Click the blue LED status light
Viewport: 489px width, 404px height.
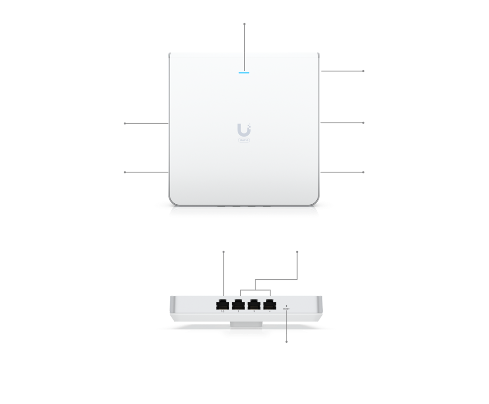(x=244, y=74)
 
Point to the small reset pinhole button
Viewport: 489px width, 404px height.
(x=286, y=305)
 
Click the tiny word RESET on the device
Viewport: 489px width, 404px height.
(x=286, y=309)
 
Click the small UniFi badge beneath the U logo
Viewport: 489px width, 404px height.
(x=244, y=140)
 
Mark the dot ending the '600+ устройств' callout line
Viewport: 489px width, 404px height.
(x=125, y=172)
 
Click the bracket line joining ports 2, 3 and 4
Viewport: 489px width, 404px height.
(x=255, y=290)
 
